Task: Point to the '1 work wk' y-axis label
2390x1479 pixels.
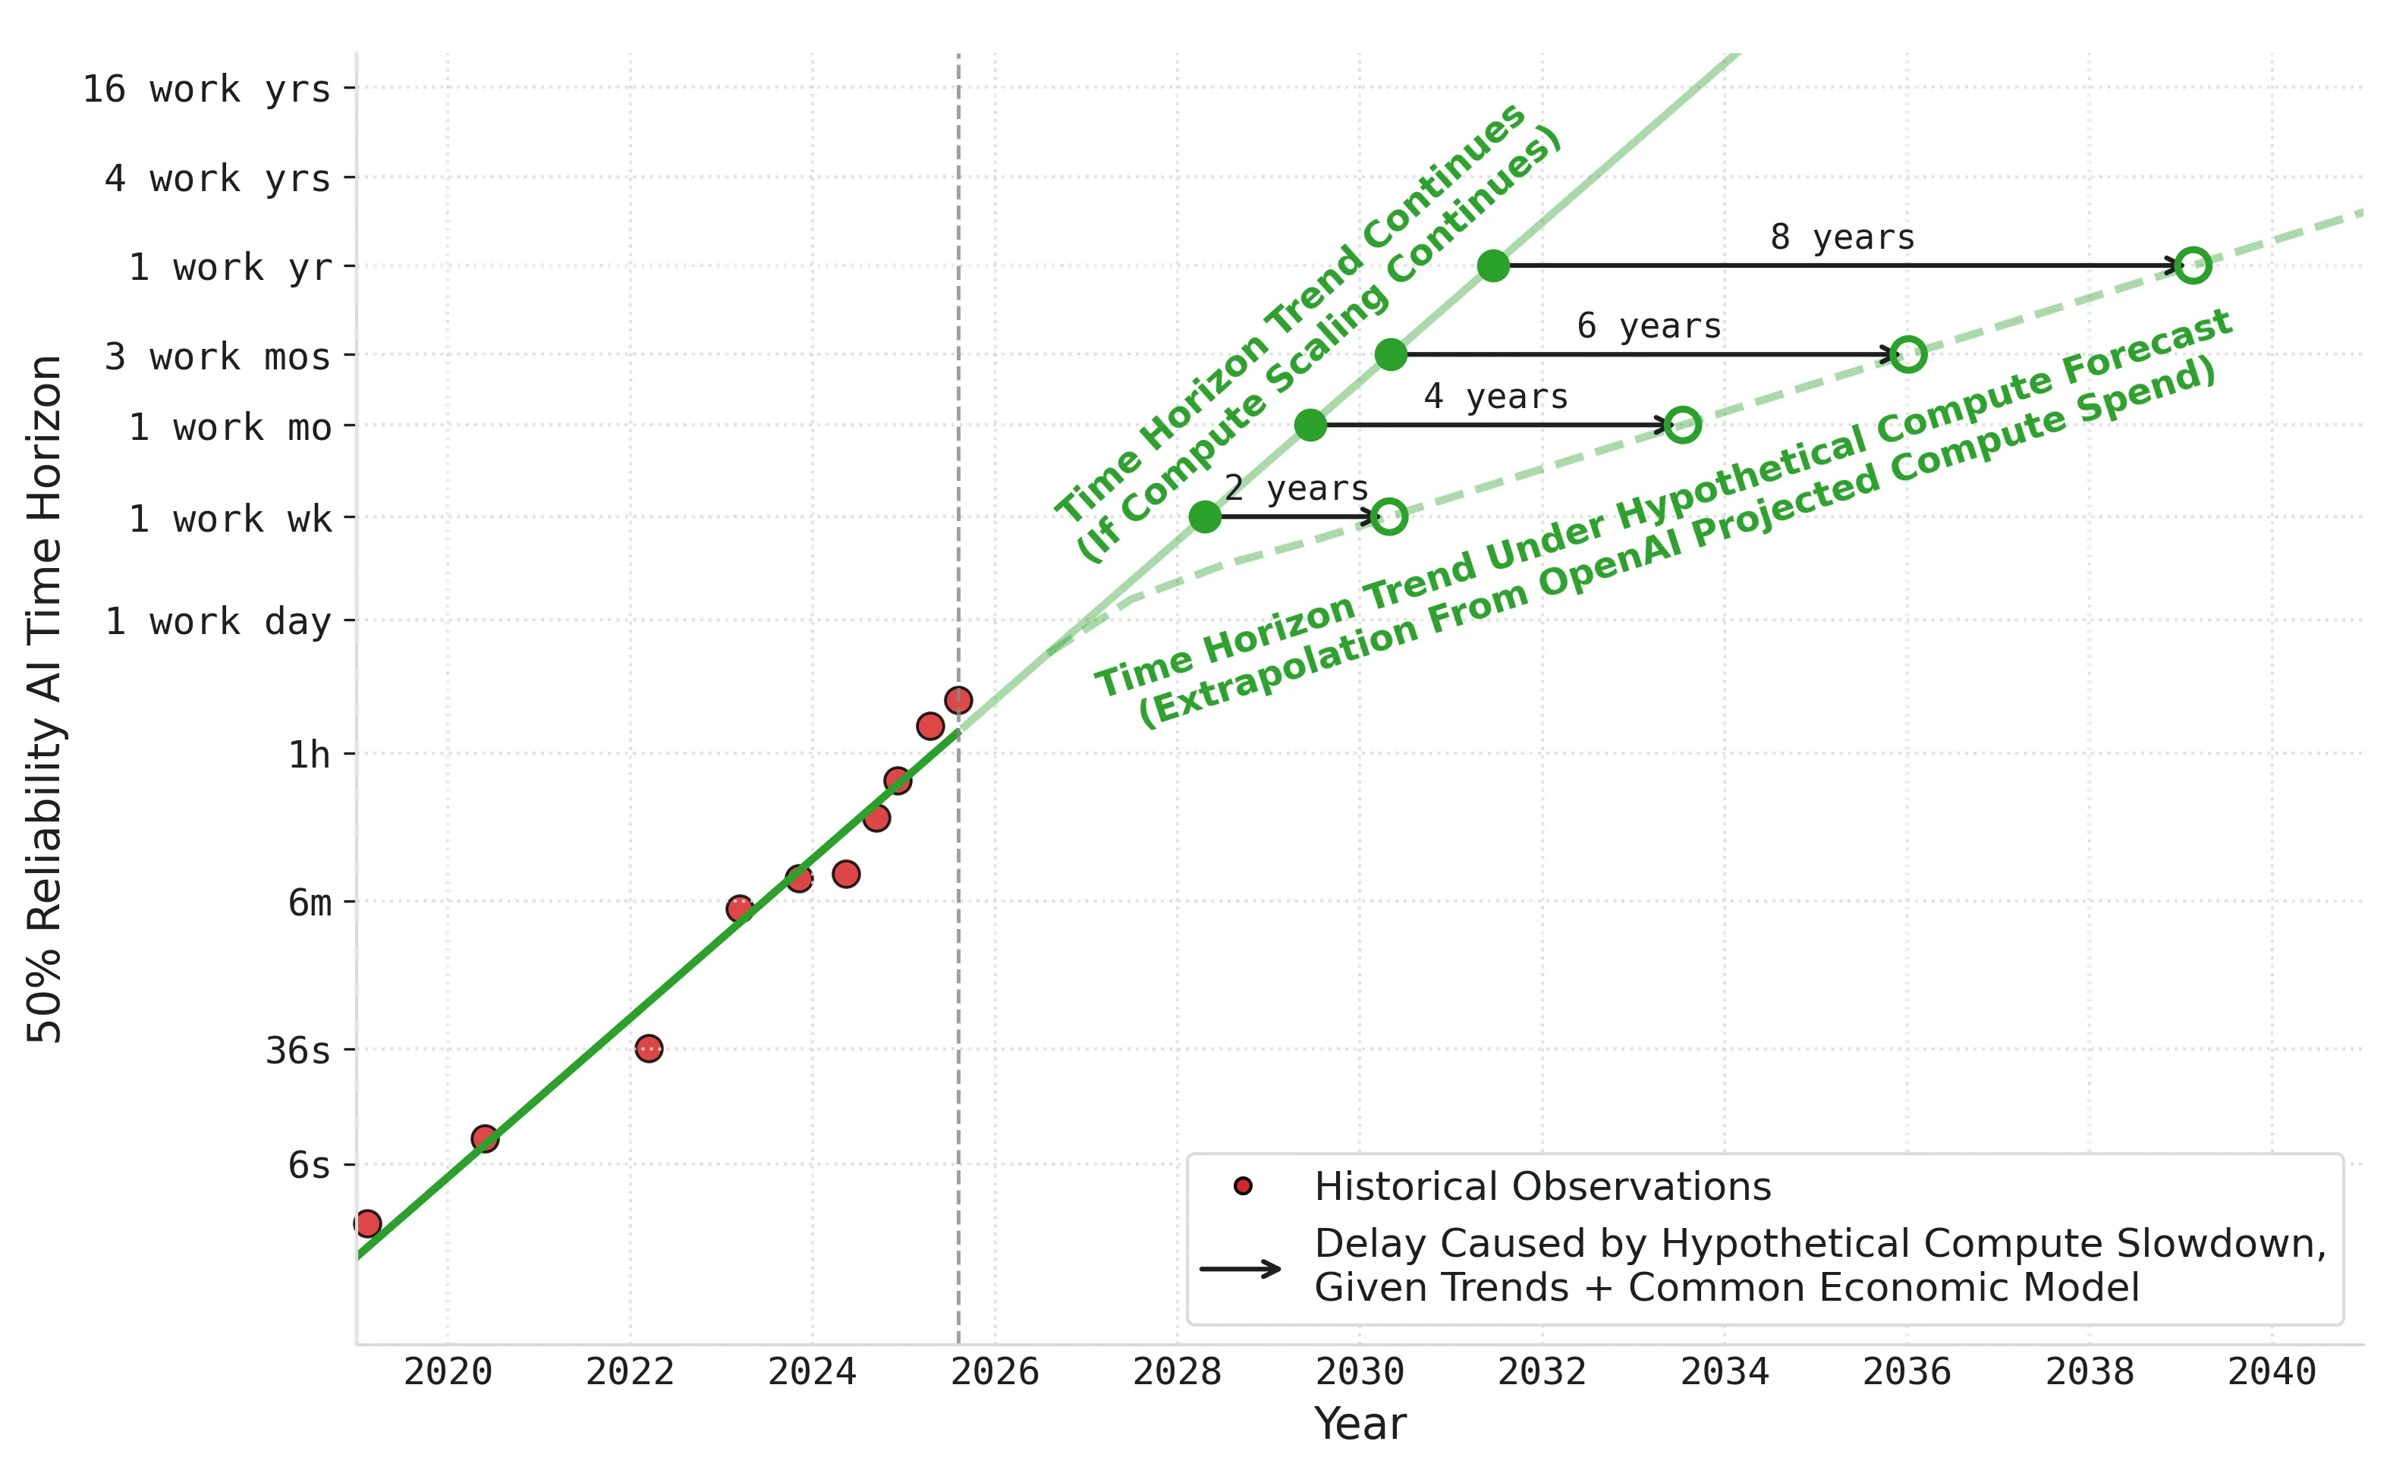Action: pos(230,520)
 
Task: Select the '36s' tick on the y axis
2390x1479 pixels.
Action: pos(297,1050)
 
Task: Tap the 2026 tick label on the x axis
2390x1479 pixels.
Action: pos(995,1372)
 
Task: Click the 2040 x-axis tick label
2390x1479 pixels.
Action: pos(2272,1372)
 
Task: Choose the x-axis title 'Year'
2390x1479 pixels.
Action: pos(1360,1424)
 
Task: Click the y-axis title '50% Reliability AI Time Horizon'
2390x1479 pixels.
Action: pos(45,699)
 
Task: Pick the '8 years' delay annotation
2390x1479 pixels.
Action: pos(1842,237)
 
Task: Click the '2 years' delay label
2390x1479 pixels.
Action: pos(1296,488)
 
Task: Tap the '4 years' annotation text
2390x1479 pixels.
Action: pos(1495,396)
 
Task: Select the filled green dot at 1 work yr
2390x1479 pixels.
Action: pos(1493,265)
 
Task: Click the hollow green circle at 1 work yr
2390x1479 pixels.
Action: pos(2193,265)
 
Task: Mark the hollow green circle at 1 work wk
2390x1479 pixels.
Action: pos(1389,517)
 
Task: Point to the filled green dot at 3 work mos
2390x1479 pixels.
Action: pos(1390,354)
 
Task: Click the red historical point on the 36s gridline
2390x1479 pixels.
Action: pos(649,1049)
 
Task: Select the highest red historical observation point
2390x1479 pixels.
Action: pos(958,700)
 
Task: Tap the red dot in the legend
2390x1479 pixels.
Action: pos(1243,1186)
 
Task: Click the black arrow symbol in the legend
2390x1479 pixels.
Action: pos(1241,1270)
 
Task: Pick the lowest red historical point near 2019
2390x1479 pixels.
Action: pos(368,1223)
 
